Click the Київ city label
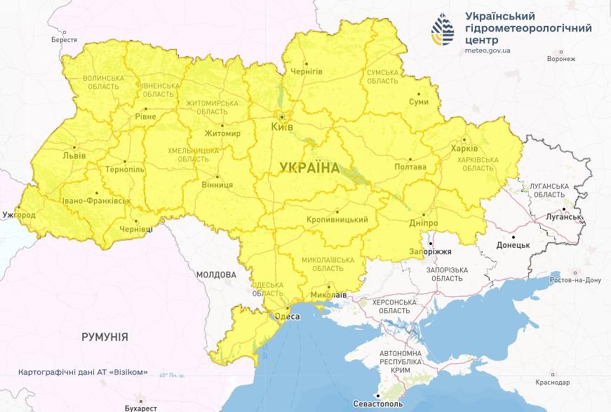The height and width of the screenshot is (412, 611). (283, 127)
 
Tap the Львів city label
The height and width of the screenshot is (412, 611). (74, 155)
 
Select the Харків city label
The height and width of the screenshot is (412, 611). (464, 149)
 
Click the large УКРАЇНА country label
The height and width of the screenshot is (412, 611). (309, 168)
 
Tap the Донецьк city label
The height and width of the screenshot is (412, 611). (513, 246)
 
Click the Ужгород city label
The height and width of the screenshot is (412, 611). (18, 213)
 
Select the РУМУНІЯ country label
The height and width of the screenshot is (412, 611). (105, 337)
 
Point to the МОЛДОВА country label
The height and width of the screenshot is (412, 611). (216, 274)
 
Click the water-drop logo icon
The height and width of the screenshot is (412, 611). (443, 31)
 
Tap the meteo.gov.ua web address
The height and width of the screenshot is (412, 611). (488, 51)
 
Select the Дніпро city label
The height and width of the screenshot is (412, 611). (423, 223)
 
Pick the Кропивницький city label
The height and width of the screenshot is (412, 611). (337, 220)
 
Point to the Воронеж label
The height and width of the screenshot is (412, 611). (560, 59)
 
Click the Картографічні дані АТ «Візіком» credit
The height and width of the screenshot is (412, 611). (83, 372)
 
